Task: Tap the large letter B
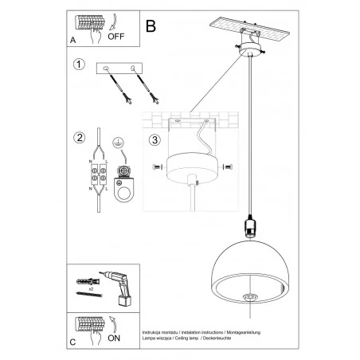coord(151,26)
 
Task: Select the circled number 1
coord(77,65)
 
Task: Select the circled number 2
coord(77,136)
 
